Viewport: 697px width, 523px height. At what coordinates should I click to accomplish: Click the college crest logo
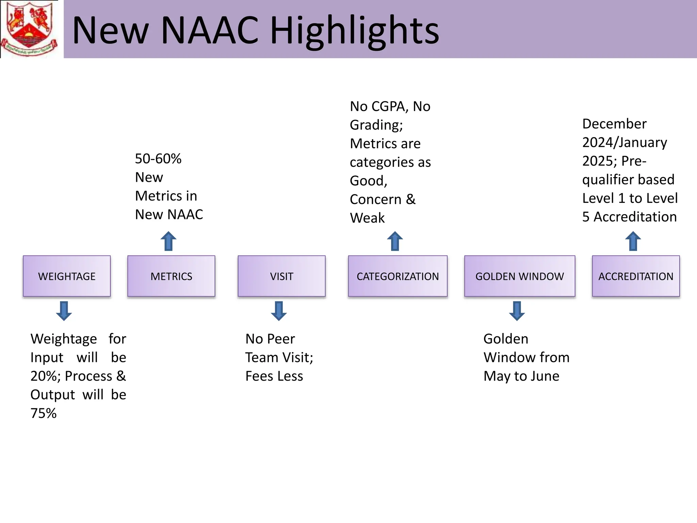(x=29, y=29)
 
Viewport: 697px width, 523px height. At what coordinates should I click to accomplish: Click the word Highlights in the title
(x=354, y=31)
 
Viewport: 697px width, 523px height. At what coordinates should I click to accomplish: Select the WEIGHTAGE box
(x=67, y=276)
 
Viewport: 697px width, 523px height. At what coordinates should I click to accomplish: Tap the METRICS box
(x=171, y=276)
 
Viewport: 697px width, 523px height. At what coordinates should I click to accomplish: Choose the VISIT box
(x=281, y=276)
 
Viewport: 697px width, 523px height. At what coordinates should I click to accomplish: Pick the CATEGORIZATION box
(x=398, y=276)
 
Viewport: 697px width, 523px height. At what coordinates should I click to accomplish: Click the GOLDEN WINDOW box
(x=519, y=276)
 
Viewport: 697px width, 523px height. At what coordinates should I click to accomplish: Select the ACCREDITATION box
(x=636, y=276)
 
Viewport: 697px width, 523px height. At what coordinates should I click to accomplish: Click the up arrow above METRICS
(x=168, y=241)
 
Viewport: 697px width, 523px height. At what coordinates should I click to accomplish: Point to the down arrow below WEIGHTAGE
(x=64, y=311)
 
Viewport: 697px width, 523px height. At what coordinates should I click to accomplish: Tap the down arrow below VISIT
(x=279, y=311)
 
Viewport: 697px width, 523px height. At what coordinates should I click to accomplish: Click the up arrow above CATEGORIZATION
(x=395, y=241)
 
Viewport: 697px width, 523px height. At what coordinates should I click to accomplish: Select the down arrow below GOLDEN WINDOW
(x=517, y=311)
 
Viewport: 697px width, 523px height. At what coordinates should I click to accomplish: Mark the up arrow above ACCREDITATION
(x=633, y=241)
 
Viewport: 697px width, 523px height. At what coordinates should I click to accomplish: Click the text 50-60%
(x=158, y=159)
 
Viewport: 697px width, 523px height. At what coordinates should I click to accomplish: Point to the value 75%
(x=44, y=413)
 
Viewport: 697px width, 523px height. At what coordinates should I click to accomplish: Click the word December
(x=614, y=124)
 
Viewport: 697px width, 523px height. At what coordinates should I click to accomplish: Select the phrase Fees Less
(x=274, y=376)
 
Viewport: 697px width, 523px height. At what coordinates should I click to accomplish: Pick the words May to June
(x=521, y=376)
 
